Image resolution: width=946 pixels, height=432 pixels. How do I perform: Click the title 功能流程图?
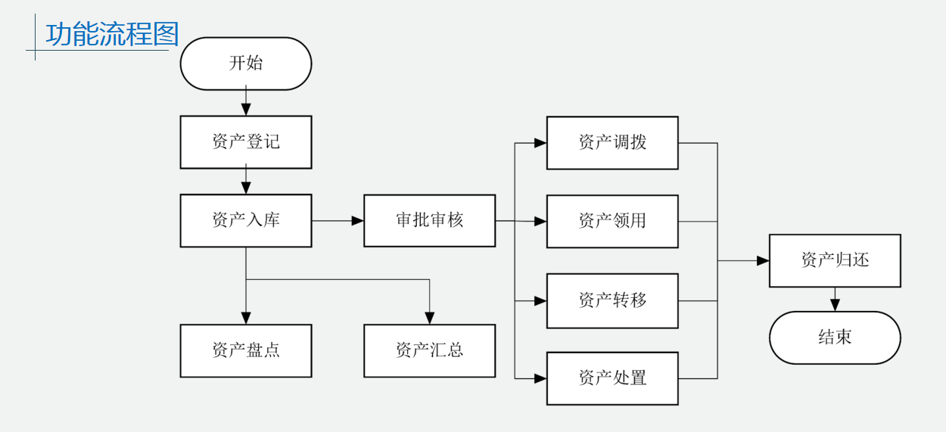(111, 35)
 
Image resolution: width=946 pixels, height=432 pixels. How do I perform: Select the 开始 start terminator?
(246, 64)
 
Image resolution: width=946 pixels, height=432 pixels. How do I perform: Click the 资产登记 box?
(246, 142)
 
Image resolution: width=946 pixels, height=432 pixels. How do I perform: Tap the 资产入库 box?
(246, 221)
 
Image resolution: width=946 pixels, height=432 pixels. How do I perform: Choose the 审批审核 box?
(429, 221)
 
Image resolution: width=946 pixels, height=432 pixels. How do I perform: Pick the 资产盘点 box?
(246, 351)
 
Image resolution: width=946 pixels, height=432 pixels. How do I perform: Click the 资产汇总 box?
(429, 351)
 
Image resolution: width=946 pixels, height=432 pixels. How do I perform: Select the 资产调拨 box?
(612, 143)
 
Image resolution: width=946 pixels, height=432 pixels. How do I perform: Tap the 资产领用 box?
(612, 222)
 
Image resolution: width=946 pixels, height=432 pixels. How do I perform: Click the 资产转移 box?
(612, 301)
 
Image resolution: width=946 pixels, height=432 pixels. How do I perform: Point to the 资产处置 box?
(612, 378)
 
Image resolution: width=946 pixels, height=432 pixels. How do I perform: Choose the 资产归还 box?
(835, 261)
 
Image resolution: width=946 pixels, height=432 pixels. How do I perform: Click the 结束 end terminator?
(835, 338)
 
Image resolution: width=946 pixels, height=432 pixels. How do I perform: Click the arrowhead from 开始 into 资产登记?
(246, 110)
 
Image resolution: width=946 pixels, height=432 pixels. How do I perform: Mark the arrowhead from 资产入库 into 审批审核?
(358, 221)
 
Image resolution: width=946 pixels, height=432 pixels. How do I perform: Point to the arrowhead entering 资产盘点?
(246, 319)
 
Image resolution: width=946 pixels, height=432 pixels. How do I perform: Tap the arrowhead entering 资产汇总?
(430, 319)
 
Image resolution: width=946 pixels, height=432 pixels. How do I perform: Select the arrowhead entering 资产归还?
(763, 261)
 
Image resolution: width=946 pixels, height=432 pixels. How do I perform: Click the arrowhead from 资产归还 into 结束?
(835, 306)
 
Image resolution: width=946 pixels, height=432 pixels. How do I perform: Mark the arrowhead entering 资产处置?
(540, 378)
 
